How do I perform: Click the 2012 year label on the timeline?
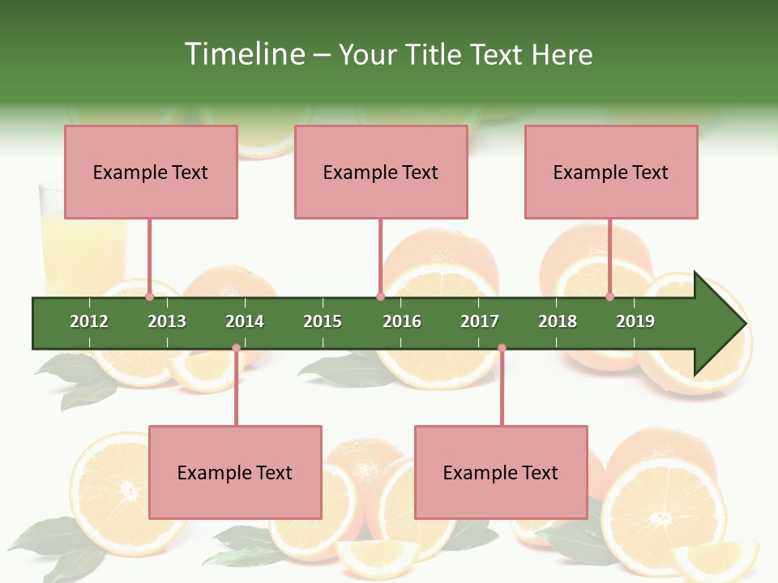click(89, 321)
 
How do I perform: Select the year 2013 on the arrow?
click(167, 321)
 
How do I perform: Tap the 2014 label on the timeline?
click(245, 321)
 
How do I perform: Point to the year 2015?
click(323, 321)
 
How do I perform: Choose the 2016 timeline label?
click(402, 321)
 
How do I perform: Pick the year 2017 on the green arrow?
click(480, 321)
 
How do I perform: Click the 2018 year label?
click(558, 321)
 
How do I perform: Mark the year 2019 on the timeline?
click(635, 321)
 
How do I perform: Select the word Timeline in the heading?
click(242, 54)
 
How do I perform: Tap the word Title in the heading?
click(434, 54)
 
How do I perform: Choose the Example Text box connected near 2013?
click(151, 172)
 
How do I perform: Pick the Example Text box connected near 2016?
click(381, 172)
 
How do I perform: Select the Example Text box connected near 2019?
click(611, 172)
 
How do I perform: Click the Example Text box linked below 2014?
click(235, 472)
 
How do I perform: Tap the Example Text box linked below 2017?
click(501, 472)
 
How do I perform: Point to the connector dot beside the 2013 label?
click(149, 296)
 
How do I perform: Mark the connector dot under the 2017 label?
click(502, 348)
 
